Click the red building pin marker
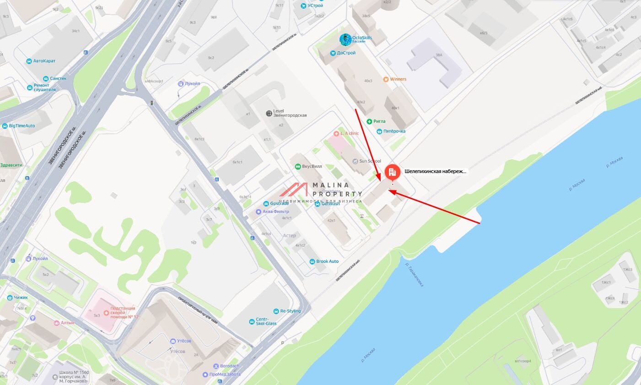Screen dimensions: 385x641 392,172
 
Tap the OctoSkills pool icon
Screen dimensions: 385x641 345,39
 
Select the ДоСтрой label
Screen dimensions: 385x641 346,53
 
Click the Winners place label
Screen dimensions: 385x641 398,79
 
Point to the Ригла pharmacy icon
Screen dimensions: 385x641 369,121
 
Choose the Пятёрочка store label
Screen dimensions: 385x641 394,131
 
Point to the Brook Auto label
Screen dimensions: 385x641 327,261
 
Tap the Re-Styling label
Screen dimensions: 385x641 291,311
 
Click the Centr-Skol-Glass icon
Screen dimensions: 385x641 252,322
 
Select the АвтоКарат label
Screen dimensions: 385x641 44,61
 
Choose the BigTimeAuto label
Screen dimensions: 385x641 22,126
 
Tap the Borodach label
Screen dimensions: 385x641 229,366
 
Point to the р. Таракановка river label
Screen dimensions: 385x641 415,275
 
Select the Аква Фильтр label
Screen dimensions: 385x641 275,211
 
